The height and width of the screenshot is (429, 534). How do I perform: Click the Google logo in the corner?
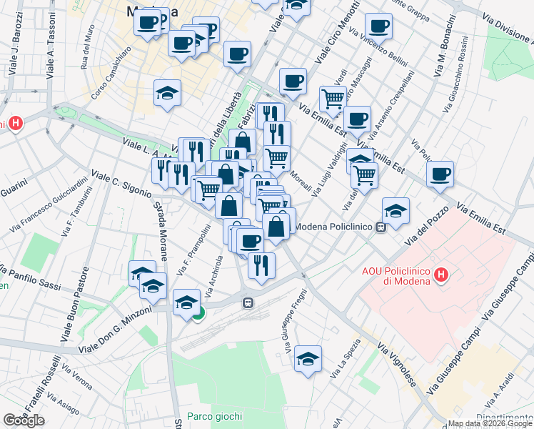point(24,420)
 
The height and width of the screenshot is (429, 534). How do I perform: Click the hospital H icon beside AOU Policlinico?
point(442,274)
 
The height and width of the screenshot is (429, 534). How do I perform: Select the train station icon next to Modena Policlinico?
point(381,227)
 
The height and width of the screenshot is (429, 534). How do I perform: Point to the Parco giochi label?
point(214,416)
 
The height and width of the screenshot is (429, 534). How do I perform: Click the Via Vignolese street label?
point(398,365)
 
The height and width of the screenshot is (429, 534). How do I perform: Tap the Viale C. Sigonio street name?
point(121,183)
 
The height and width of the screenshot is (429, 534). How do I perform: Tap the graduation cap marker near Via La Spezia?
point(308,359)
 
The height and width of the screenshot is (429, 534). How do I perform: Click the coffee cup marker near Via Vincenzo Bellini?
point(378,26)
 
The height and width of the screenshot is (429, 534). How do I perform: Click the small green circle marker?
point(198,312)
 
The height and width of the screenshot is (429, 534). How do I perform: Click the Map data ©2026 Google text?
point(490,423)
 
